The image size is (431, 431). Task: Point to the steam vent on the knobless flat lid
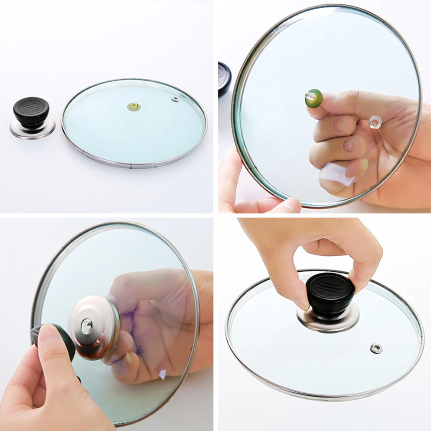[x=175, y=99]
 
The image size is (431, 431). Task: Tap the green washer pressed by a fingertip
[x=315, y=99]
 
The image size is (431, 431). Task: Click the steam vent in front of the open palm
[x=375, y=122]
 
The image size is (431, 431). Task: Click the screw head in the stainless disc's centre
[x=87, y=326]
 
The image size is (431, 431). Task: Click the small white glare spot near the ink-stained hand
[x=162, y=374]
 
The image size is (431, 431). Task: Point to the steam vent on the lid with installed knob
[x=376, y=348]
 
